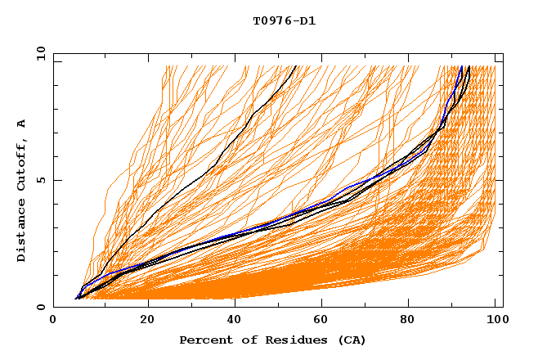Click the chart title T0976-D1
[x=284, y=21]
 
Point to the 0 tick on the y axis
[x=41, y=307]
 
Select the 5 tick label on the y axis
[x=41, y=180]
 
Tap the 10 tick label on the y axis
[x=38, y=53]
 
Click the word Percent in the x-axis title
[x=205, y=340]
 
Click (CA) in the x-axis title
[x=350, y=340]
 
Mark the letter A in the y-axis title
[x=21, y=124]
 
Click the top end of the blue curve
[x=462, y=67]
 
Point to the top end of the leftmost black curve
[x=297, y=67]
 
